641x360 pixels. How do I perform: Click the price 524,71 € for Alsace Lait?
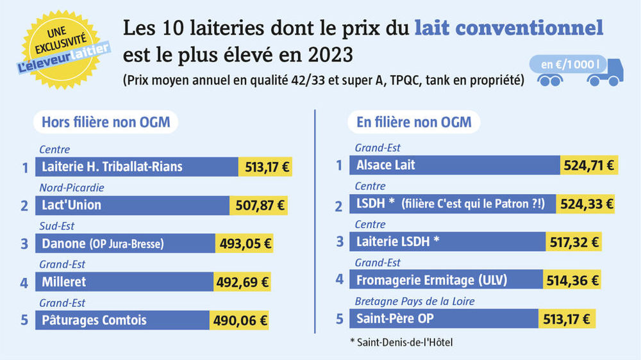588,165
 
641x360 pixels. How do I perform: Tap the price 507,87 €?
258,206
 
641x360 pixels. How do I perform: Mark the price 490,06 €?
239,320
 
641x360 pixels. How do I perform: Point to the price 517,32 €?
574,242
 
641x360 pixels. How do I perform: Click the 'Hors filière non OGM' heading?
106,122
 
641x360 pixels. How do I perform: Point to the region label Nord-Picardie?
71,188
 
